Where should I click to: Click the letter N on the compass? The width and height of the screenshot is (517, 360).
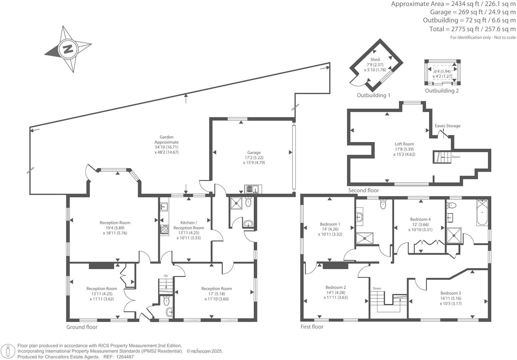click(x=68, y=49)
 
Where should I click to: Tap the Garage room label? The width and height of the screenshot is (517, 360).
click(x=254, y=153)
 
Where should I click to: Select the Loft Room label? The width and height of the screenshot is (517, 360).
click(x=404, y=144)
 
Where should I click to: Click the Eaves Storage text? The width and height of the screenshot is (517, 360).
click(x=447, y=126)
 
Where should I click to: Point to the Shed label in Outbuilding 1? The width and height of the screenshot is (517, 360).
click(x=375, y=60)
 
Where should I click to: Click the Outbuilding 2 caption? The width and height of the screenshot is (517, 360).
click(x=442, y=91)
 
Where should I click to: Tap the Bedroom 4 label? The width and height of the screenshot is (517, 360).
click(x=420, y=219)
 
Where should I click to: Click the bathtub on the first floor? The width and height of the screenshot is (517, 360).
click(x=482, y=212)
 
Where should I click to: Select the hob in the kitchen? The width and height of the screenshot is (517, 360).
click(x=164, y=229)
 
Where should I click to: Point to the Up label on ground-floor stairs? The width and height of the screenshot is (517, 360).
click(x=166, y=276)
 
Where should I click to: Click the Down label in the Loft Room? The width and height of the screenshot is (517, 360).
click(x=456, y=157)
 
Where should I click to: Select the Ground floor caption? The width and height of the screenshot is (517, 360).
click(x=82, y=327)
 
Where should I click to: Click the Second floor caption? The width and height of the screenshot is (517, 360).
click(x=363, y=190)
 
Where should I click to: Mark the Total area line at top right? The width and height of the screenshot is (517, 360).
click(x=472, y=29)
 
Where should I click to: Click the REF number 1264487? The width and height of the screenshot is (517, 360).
click(x=124, y=357)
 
